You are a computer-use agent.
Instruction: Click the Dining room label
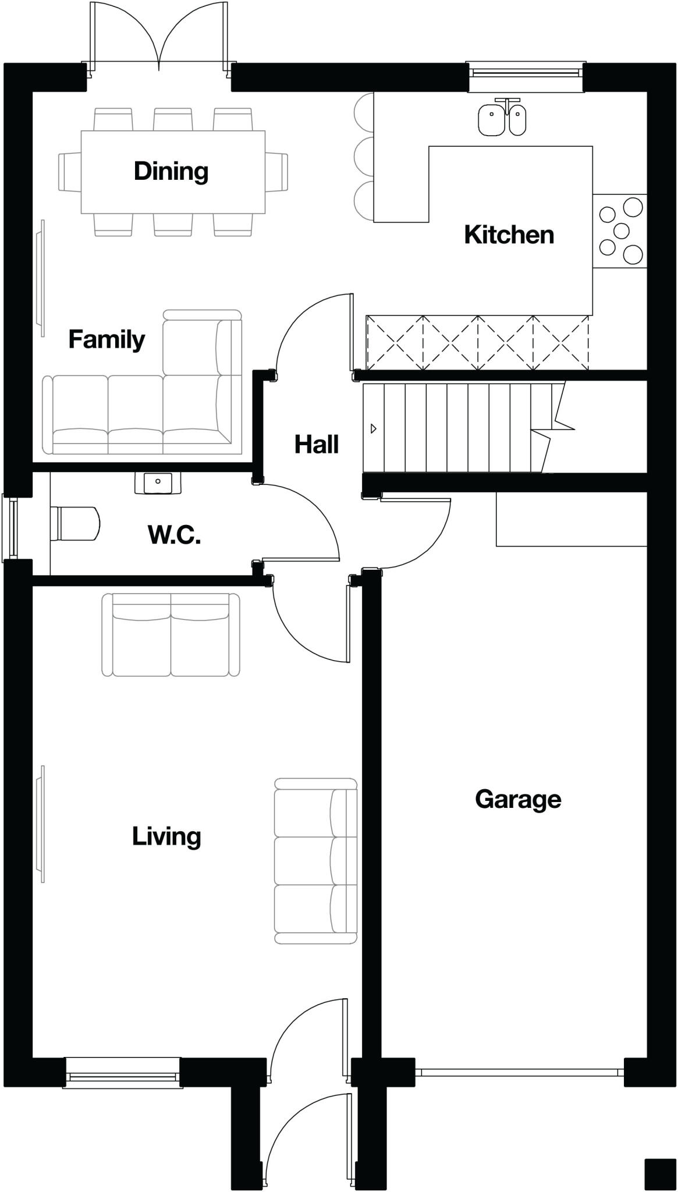point(171,171)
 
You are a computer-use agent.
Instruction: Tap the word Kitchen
point(509,235)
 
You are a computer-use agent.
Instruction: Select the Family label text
point(107,339)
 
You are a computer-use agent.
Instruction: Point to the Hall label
point(316,445)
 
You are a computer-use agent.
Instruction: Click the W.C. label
point(174,535)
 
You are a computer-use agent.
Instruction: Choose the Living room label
point(166,836)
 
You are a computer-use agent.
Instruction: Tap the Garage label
point(518,799)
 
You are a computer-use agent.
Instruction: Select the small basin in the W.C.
point(157,483)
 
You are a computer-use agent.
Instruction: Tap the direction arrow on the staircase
point(374,429)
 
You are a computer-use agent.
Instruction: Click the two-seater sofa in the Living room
point(171,635)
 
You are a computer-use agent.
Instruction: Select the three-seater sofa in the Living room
point(315,861)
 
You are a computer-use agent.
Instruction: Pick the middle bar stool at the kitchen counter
point(364,156)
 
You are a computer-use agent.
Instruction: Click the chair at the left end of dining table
point(69,171)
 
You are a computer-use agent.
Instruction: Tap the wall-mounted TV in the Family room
point(41,278)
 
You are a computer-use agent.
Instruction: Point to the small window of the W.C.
point(10,527)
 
